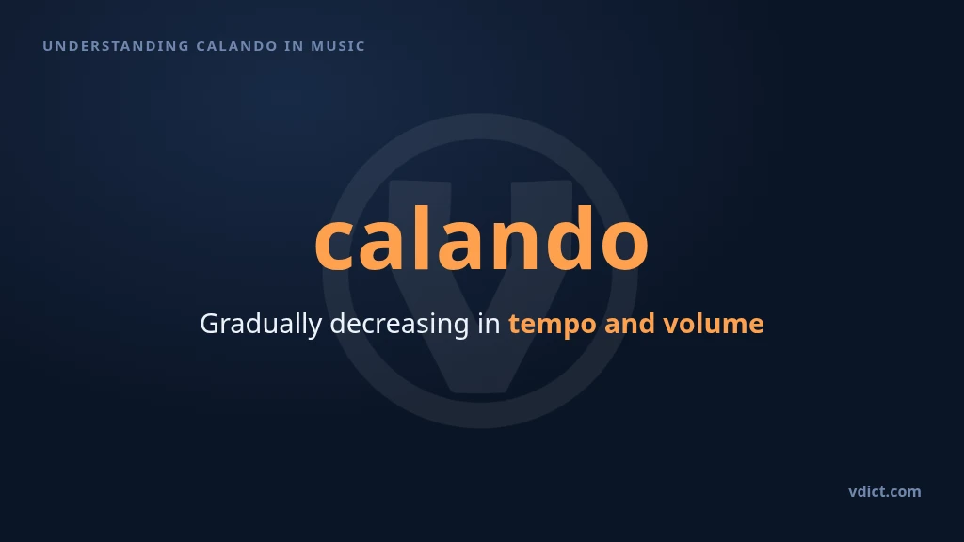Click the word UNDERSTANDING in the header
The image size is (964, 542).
tap(116, 46)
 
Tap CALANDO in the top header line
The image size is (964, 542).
tap(237, 46)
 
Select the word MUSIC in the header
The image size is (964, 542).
tap(338, 46)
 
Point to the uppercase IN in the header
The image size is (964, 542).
tap(295, 46)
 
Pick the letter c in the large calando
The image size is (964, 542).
tap(332, 246)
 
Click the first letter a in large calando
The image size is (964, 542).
tap(380, 246)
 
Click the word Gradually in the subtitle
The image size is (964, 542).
tap(261, 324)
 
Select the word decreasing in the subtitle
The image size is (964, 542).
tap(399, 324)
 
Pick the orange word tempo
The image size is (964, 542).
tap(552, 325)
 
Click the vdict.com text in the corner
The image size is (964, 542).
tap(885, 491)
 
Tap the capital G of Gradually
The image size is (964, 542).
tap(209, 324)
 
